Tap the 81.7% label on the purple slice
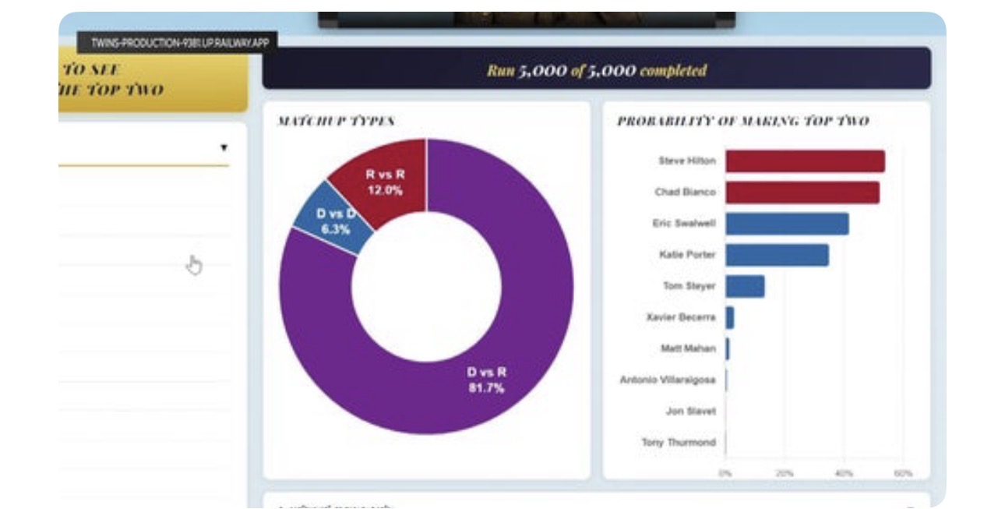[x=486, y=387]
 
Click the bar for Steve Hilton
[x=805, y=161]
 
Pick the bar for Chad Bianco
[x=802, y=193]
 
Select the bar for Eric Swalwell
[x=787, y=224]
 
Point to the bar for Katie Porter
[x=777, y=255]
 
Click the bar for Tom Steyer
[x=745, y=286]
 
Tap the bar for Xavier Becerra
[x=730, y=317]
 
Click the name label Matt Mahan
[x=688, y=348]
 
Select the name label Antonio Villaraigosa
[x=668, y=380]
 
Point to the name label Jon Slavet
[x=690, y=411]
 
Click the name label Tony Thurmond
[x=678, y=442]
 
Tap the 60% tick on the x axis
[x=903, y=473]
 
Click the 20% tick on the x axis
[x=785, y=473]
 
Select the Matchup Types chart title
[x=336, y=121]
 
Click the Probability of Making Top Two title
[x=742, y=121]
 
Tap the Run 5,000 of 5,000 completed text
[x=597, y=70]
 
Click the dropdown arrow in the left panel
[x=224, y=147]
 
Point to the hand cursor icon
[x=193, y=265]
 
